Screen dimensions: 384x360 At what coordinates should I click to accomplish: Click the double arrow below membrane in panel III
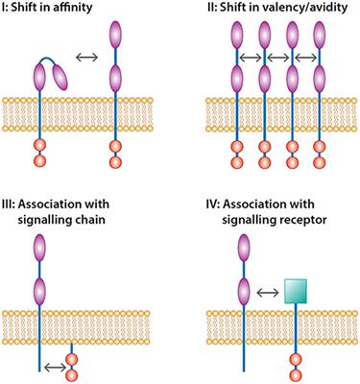(59, 366)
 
